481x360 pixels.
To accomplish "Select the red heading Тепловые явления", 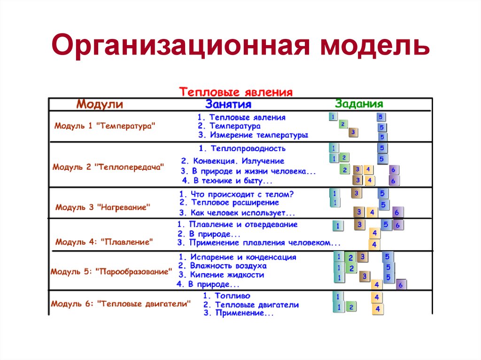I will pyautogui.click(x=236, y=92).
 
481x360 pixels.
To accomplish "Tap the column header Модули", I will pyautogui.click(x=100, y=104).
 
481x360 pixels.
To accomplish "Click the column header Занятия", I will pyautogui.click(x=228, y=104).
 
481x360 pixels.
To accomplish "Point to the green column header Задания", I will pyautogui.click(x=359, y=104).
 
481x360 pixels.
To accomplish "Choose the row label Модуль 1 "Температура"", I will pyautogui.click(x=105, y=126).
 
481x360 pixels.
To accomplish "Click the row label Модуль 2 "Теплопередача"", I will pyautogui.click(x=109, y=167).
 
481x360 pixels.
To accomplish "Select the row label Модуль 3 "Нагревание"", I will pyautogui.click(x=103, y=207).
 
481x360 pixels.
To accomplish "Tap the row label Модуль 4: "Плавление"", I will pyautogui.click(x=105, y=242).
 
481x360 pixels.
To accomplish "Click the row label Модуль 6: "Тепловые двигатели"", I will pyautogui.click(x=121, y=304).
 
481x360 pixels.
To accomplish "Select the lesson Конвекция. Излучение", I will pyautogui.click(x=233, y=161).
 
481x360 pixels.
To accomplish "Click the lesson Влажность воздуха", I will pyautogui.click(x=225, y=266).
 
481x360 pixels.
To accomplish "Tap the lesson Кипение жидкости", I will pyautogui.click(x=220, y=275).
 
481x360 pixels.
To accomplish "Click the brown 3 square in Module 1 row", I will pyautogui.click(x=353, y=132).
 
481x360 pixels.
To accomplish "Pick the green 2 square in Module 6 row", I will pyautogui.click(x=351, y=307).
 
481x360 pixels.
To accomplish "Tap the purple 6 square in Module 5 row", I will pyautogui.click(x=401, y=284).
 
